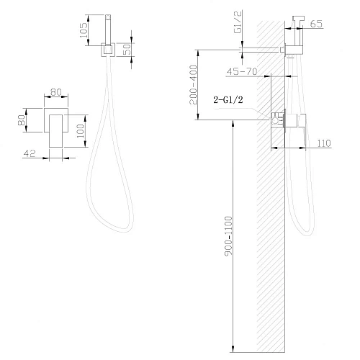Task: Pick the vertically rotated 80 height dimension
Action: pos(22,117)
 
